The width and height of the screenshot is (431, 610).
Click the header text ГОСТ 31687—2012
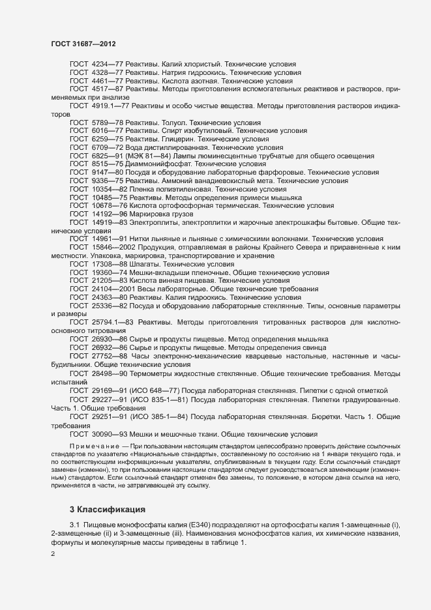(x=84, y=43)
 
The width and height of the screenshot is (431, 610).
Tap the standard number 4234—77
(x=108, y=65)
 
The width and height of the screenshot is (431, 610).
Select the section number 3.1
(x=74, y=527)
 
